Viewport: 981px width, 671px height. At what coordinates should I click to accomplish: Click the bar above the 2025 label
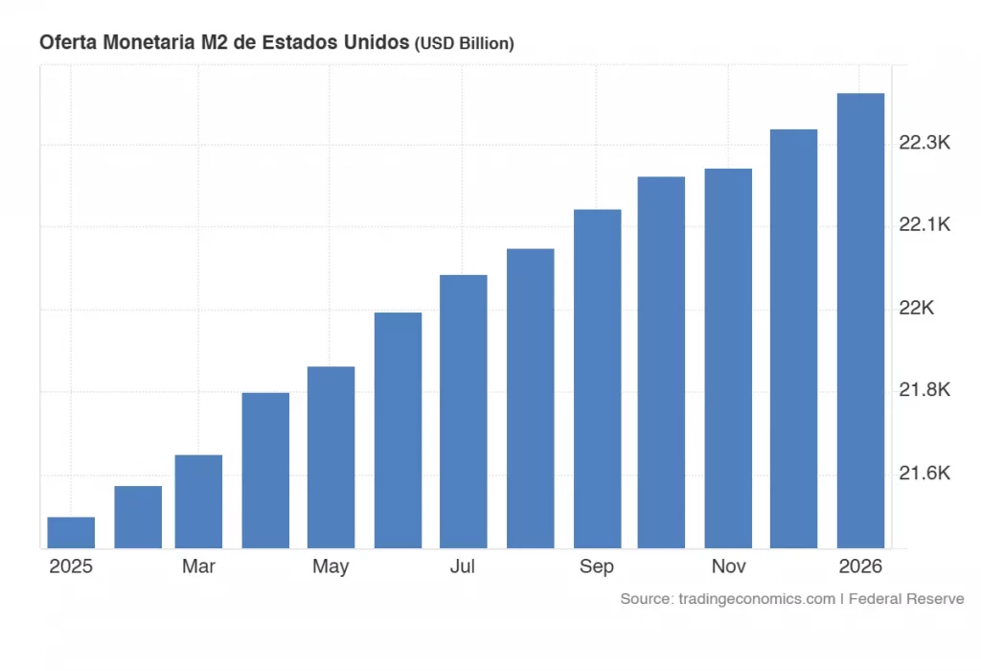click(x=71, y=533)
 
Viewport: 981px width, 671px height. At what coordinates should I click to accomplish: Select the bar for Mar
click(x=198, y=501)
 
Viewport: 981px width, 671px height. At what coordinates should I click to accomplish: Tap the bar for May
click(x=331, y=457)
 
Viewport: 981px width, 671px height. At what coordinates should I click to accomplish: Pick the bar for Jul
click(x=464, y=411)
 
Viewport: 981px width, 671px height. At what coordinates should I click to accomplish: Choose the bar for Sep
click(x=597, y=379)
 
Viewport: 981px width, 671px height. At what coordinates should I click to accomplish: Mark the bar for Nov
click(x=728, y=359)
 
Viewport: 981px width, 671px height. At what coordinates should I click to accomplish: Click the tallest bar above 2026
click(x=860, y=320)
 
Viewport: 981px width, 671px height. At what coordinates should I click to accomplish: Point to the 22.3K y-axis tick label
click(x=924, y=143)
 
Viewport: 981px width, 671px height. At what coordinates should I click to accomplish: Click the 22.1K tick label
click(x=924, y=225)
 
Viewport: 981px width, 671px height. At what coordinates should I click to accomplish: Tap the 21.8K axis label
click(x=924, y=390)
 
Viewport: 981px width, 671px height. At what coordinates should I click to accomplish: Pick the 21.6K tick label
click(x=924, y=473)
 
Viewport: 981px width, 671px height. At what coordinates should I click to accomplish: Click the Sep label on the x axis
click(x=597, y=567)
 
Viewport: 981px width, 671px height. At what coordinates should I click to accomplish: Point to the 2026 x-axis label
click(x=860, y=567)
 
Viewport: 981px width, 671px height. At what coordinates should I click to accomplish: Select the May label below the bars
click(x=331, y=567)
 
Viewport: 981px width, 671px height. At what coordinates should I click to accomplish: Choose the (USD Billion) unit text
click(x=464, y=44)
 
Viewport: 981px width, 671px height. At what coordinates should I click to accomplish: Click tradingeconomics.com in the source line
click(x=756, y=599)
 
